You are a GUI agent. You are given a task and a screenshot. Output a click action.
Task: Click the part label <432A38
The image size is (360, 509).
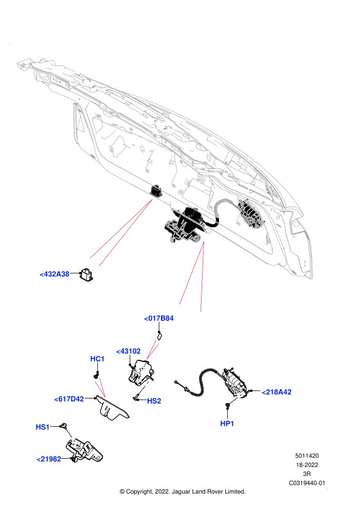pyautogui.click(x=55, y=274)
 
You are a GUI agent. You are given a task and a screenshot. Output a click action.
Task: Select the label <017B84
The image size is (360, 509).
pyautogui.click(x=159, y=318)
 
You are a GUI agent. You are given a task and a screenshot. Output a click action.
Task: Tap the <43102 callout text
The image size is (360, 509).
pyautogui.click(x=129, y=351)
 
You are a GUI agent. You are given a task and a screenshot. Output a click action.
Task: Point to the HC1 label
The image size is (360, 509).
pyautogui.click(x=97, y=359)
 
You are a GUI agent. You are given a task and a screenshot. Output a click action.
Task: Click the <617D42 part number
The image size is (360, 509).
pyautogui.click(x=69, y=399)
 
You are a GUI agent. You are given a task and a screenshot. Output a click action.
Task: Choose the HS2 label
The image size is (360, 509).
pyautogui.click(x=154, y=401)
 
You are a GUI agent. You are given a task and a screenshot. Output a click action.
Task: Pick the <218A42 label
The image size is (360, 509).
pyautogui.click(x=277, y=392)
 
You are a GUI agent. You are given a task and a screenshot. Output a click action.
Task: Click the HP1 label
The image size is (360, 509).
pyautogui.click(x=227, y=423)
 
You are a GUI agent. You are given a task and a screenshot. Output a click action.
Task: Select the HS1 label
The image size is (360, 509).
pyautogui.click(x=43, y=427)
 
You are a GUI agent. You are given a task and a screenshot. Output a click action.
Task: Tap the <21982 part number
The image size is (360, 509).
pyautogui.click(x=49, y=459)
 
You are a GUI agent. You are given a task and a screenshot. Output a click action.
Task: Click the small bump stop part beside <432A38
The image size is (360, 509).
pyautogui.click(x=87, y=274)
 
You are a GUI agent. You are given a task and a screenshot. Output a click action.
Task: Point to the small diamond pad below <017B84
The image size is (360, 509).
pyautogui.click(x=160, y=336)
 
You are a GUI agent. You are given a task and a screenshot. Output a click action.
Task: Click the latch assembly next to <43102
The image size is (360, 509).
pyautogui.click(x=140, y=372)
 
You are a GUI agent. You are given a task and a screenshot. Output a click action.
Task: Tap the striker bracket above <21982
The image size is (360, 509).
pyautogui.click(x=85, y=450)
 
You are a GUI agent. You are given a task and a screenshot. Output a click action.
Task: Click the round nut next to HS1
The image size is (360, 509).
pyautogui.click(x=64, y=426)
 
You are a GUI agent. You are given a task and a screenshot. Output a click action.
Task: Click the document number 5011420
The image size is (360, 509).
pyautogui.click(x=307, y=456)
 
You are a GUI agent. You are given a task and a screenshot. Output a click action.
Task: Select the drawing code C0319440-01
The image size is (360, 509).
pyautogui.click(x=307, y=483)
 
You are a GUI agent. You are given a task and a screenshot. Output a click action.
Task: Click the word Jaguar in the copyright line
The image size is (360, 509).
pyautogui.click(x=181, y=492)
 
